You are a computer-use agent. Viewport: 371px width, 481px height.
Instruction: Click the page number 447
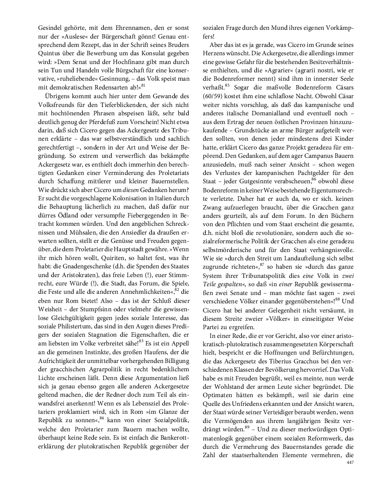[350, 462]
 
